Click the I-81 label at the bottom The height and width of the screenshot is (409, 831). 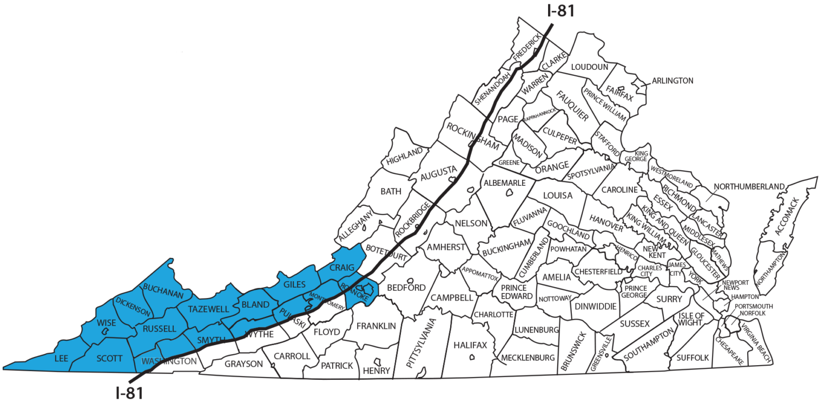tap(130, 393)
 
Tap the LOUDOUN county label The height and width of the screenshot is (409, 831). tap(590, 67)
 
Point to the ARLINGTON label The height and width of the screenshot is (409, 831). tap(672, 81)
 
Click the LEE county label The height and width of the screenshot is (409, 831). tap(61, 359)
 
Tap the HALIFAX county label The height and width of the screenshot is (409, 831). tap(470, 345)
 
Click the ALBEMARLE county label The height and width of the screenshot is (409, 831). tap(504, 183)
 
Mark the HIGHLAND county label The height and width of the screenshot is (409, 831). tap(404, 157)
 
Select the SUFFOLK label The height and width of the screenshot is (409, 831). tap(692, 358)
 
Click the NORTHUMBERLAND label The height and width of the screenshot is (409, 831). tap(749, 187)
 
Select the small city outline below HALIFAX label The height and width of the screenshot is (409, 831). tap(473, 357)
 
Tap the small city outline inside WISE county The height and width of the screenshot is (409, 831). tap(107, 331)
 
